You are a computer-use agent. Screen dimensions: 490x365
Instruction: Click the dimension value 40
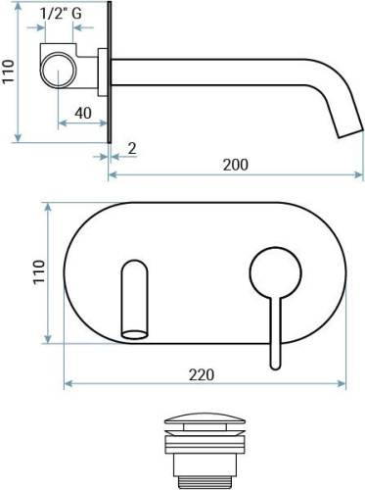click(83, 113)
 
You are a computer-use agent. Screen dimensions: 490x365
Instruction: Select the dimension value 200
click(235, 164)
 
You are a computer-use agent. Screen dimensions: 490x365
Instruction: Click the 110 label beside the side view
click(10, 73)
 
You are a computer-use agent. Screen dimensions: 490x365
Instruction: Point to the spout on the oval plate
click(133, 300)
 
